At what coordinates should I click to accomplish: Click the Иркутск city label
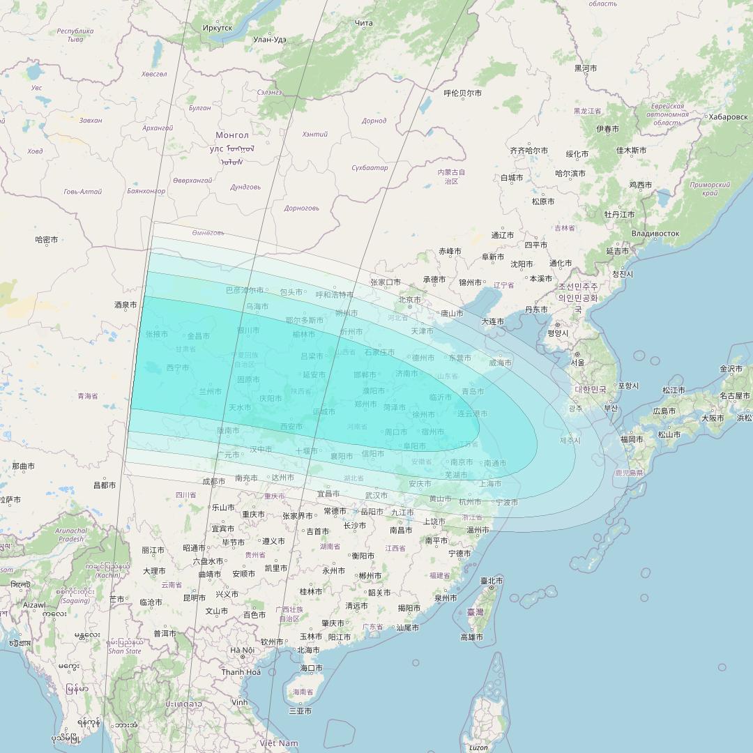[x=217, y=27]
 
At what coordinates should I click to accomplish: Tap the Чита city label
[x=363, y=23]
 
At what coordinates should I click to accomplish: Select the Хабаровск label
[x=728, y=116]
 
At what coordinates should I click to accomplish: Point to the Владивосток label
[x=655, y=233]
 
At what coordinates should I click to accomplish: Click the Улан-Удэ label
[x=270, y=40]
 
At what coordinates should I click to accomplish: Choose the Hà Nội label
[x=242, y=650]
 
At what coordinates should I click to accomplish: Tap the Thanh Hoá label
[x=241, y=672]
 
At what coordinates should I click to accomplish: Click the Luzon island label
[x=478, y=747]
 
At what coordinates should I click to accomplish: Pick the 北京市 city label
[x=409, y=300]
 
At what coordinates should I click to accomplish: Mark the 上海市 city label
[x=490, y=483]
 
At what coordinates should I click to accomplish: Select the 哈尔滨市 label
[x=571, y=173]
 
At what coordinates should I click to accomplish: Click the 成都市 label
[x=213, y=481]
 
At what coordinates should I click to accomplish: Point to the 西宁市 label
[x=177, y=367]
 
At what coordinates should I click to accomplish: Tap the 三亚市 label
[x=300, y=711]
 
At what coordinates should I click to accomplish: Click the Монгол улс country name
[x=232, y=142]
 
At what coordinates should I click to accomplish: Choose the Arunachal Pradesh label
[x=71, y=535]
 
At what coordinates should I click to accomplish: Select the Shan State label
[x=124, y=651]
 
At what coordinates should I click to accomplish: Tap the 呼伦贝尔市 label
[x=463, y=93]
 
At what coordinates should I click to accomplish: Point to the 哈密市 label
[x=47, y=239]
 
